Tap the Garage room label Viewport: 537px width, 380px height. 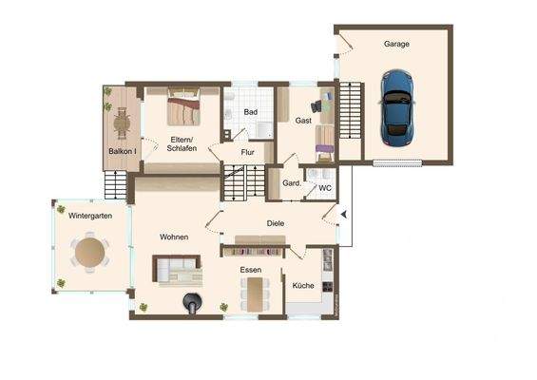point(396,45)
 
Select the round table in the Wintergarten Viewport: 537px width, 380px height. point(90,253)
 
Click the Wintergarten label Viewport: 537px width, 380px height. point(90,217)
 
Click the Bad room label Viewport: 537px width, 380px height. point(250,112)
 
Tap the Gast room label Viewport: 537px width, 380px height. point(303,121)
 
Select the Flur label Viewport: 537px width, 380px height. point(247,152)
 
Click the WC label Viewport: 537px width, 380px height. point(324,188)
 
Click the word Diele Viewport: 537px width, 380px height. point(276,224)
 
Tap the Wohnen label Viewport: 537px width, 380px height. point(174,237)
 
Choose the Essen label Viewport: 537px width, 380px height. point(251,270)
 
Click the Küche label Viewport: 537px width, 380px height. point(303,285)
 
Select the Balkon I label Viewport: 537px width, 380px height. point(122,152)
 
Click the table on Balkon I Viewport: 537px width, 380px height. point(121,121)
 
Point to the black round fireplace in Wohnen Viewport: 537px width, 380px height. point(193,304)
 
